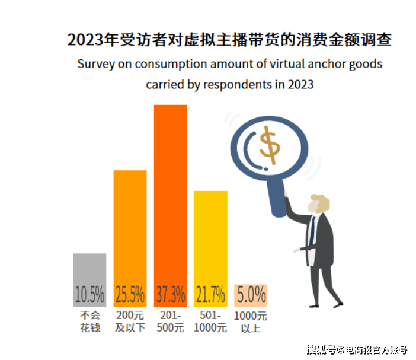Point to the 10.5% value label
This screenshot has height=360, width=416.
point(89,294)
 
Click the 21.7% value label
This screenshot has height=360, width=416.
point(210,294)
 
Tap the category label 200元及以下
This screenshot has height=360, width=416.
point(130,321)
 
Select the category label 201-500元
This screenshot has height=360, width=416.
point(171,321)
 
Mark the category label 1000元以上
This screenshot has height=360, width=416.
point(251,321)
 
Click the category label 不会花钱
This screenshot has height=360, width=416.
point(89,321)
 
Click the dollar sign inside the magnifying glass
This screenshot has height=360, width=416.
point(271,144)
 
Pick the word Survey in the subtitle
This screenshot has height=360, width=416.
point(94,64)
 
